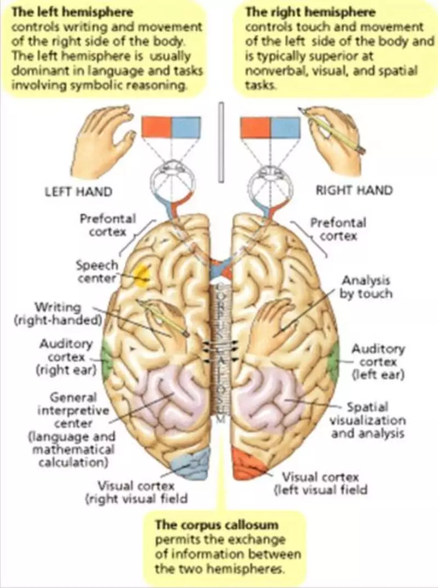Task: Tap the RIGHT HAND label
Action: point(354,191)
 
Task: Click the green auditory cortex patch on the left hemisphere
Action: point(105,358)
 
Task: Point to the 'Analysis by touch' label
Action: point(367,287)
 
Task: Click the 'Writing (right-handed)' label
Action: point(58,313)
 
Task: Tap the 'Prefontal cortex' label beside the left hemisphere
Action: point(107,224)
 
